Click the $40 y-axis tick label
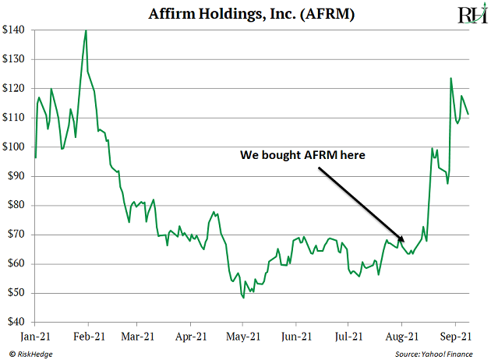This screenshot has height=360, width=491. pos(16,322)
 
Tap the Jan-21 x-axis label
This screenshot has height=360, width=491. pos(35,337)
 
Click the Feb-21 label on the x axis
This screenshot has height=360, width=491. pos(88,337)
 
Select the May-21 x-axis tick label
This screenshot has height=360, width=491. pos(242,337)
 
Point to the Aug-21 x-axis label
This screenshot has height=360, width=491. pos(401,337)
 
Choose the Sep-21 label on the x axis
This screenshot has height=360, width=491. pos(454,337)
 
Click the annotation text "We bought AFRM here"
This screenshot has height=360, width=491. pos(302,155)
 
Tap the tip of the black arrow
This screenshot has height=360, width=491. pos(404,242)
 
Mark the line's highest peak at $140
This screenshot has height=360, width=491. pos(86,30)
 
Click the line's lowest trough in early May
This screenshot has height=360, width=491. pos(243,298)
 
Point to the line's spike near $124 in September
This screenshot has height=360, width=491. pos(450,78)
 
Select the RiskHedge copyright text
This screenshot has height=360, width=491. pos(32,354)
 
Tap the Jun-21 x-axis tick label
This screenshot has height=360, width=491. pos(295,337)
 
